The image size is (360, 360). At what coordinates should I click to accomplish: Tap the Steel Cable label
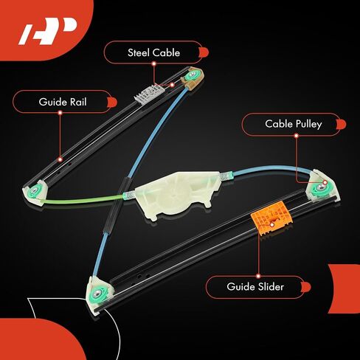pos(154,52)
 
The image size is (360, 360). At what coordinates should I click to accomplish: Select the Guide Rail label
pos(63,102)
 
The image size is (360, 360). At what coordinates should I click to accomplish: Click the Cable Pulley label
pos(294,124)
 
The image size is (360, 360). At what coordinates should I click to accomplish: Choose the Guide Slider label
pos(255,287)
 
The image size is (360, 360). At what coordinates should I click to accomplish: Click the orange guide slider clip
pos(271,218)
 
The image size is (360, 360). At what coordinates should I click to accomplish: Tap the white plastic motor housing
pos(177,195)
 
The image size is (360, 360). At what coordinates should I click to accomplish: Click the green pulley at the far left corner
pos(34,190)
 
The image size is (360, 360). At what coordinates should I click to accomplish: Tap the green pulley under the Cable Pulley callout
pos(319,189)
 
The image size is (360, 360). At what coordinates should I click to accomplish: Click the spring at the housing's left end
pos(129,195)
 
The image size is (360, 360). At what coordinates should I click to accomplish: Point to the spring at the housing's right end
pos(226,176)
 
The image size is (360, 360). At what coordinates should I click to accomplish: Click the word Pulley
pos(308,124)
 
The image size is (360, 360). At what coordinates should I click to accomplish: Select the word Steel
pos(139,52)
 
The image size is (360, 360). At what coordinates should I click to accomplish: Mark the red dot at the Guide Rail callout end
pos(60,159)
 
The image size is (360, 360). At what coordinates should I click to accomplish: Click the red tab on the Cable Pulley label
pos(341,124)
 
